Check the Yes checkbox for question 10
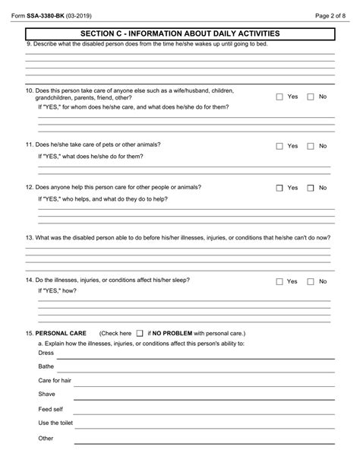point(279,97)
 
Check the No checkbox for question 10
point(310,97)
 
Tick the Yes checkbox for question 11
point(279,146)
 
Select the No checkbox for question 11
point(310,146)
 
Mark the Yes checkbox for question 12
point(279,188)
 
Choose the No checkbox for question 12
point(310,188)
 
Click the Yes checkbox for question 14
point(279,281)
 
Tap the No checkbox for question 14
point(310,281)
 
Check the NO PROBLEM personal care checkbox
point(140,334)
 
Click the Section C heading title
point(180,33)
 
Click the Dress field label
point(46,353)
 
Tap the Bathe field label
point(46,366)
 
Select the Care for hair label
point(55,380)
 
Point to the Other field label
point(46,438)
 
